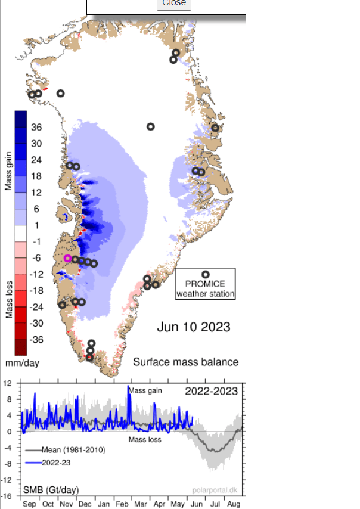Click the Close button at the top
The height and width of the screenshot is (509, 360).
point(174,3)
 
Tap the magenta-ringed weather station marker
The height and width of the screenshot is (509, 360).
point(67,258)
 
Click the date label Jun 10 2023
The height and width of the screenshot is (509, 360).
point(194,327)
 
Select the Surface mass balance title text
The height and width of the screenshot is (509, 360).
point(185,362)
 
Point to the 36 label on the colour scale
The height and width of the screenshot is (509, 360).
point(36,128)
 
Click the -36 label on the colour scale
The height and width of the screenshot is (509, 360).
point(36,340)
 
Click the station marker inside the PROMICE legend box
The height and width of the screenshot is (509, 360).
point(206,275)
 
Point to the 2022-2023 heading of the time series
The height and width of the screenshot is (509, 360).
point(211,392)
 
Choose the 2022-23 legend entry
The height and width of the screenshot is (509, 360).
point(55,463)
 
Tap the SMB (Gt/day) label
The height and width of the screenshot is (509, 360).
point(52,490)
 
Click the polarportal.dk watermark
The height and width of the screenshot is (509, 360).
point(218,490)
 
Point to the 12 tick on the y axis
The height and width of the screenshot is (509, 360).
point(8,383)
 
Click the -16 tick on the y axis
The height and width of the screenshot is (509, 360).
point(7,496)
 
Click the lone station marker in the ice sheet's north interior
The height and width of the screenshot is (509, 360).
point(151,126)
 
